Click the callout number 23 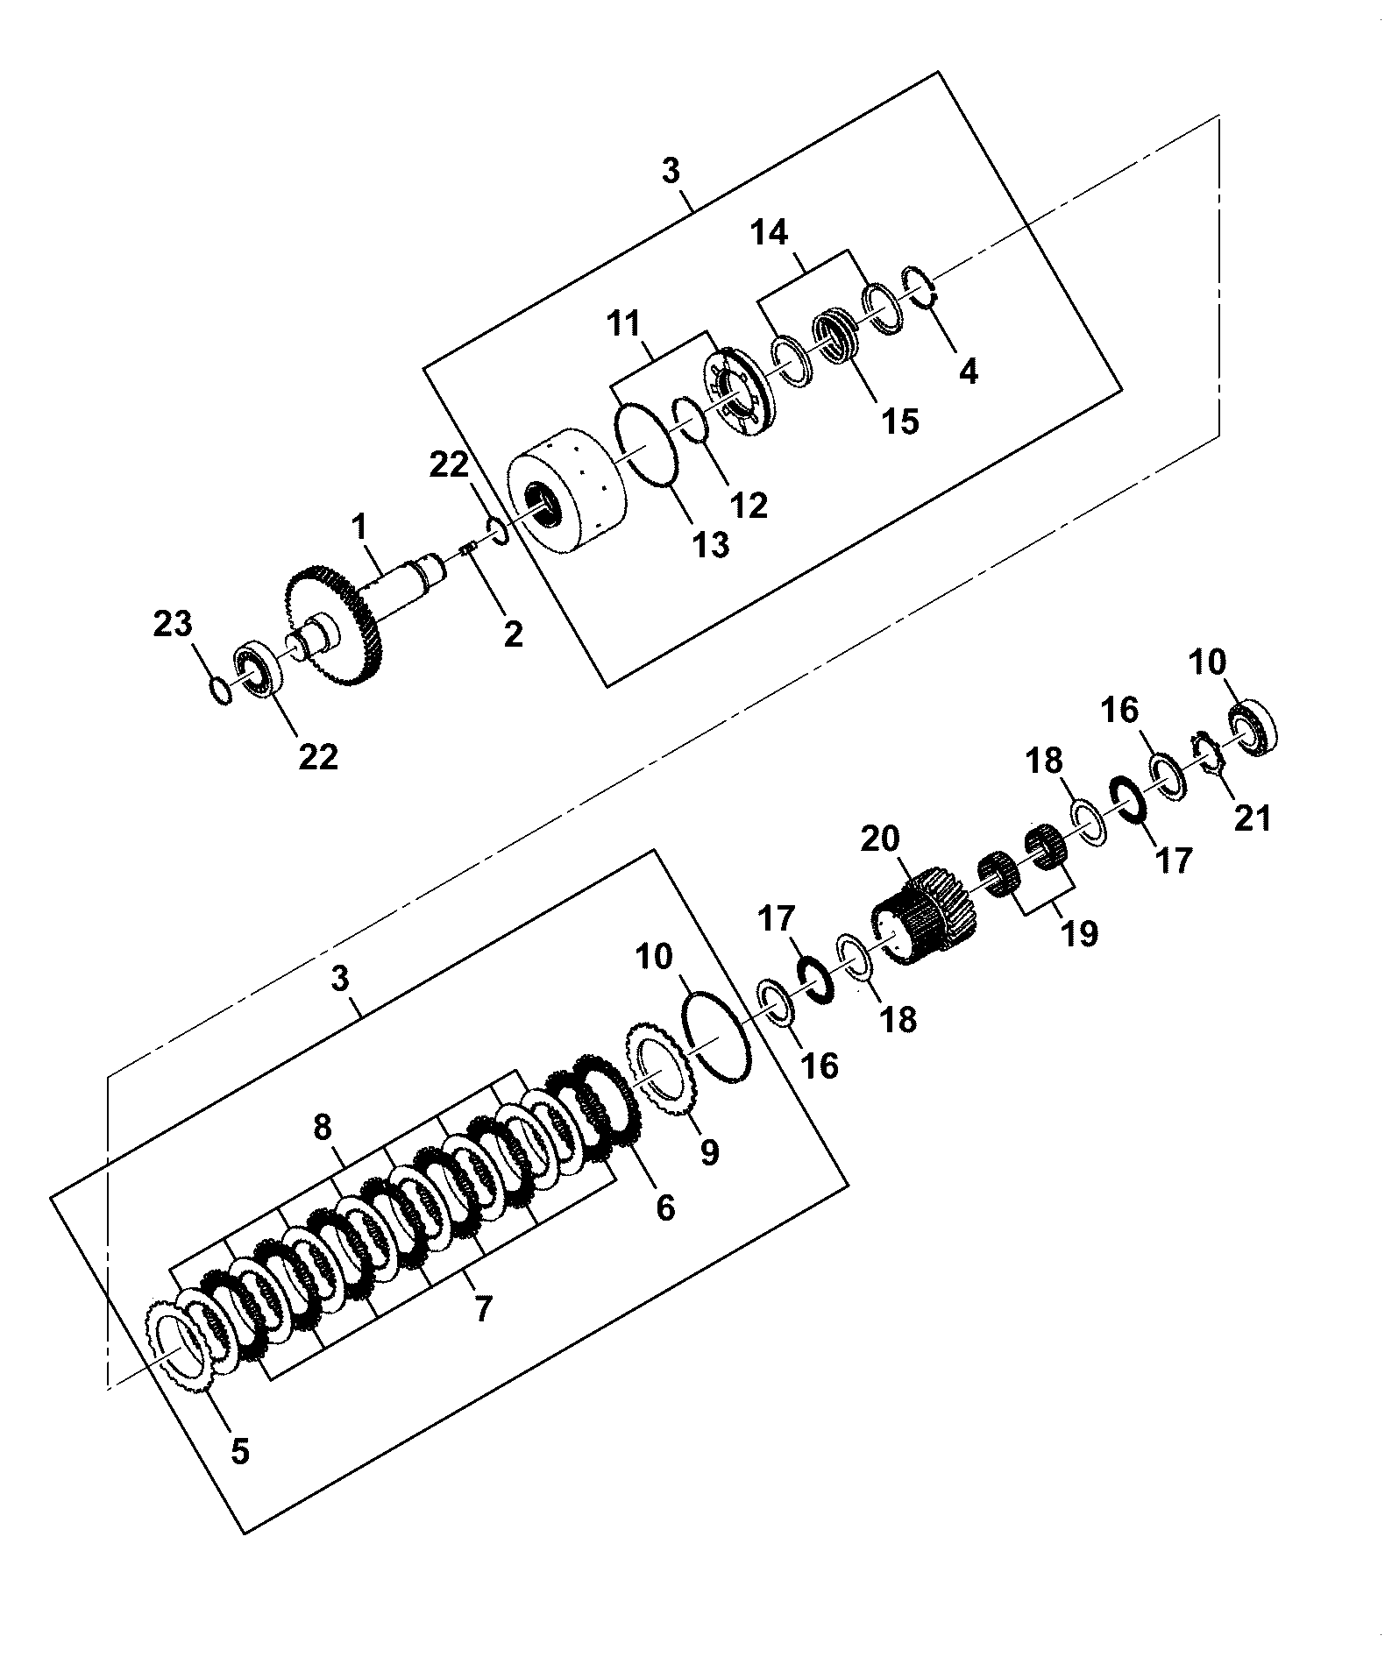[x=173, y=626]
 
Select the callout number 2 [x=513, y=634]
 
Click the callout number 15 [x=900, y=421]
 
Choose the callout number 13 [x=711, y=544]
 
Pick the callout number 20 [x=880, y=839]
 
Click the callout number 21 [x=1252, y=818]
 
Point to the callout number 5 [x=239, y=1451]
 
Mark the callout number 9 [x=708, y=1151]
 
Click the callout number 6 [x=665, y=1207]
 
